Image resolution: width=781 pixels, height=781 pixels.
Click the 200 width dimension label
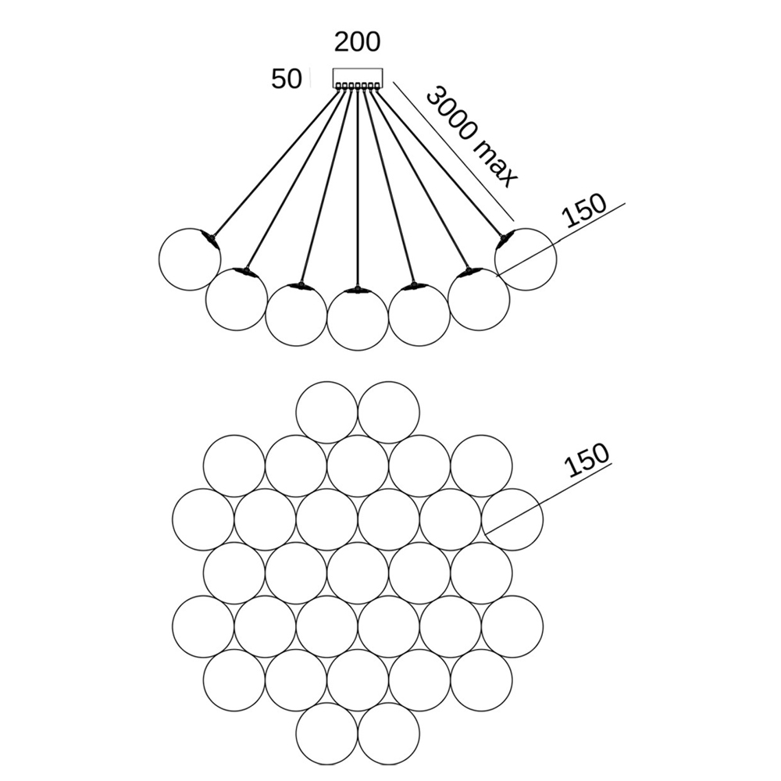(357, 41)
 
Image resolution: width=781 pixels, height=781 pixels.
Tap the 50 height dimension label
(286, 79)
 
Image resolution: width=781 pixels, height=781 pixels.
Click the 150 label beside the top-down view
(585, 461)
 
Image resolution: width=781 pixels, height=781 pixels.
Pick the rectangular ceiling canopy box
(357, 77)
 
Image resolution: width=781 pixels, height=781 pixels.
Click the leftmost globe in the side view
(188, 259)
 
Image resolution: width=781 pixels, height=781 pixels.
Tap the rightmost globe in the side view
(526, 259)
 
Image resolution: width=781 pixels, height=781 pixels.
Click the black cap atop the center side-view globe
(357, 291)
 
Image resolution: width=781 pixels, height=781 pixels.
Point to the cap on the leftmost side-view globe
(209, 237)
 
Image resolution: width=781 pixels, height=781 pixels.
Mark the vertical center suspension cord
(357, 187)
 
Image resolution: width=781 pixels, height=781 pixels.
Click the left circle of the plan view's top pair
(326, 412)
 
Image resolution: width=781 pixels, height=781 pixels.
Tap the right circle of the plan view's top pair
(388, 412)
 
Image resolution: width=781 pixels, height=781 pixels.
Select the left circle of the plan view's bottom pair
(326, 733)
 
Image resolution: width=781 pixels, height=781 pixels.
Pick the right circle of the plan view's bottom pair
(388, 733)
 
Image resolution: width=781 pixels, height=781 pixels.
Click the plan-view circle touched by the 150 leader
(512, 519)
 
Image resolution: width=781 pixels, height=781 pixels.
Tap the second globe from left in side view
(237, 298)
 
